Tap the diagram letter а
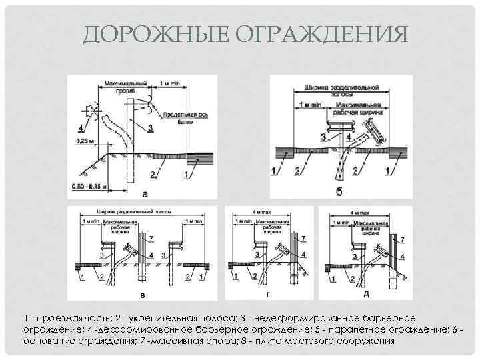click(145, 194)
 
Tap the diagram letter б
click(339, 192)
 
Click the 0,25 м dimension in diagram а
click(80, 141)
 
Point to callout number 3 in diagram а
click(151, 127)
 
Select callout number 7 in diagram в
click(151, 238)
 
